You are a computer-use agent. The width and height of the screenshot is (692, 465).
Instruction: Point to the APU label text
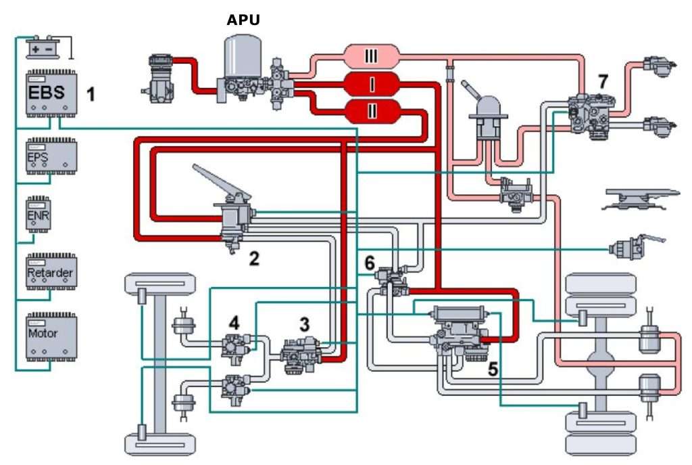[x=243, y=20]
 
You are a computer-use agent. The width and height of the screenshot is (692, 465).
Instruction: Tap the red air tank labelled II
[x=371, y=110]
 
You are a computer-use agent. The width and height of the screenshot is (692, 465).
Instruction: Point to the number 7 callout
[x=603, y=82]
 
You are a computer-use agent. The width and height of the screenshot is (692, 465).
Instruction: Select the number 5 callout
[x=493, y=368]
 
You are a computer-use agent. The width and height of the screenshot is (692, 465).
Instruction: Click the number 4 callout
[x=233, y=323]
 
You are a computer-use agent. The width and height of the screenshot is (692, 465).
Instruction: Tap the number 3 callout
[x=305, y=324]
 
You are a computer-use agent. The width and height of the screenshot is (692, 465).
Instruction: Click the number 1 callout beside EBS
[x=90, y=93]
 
